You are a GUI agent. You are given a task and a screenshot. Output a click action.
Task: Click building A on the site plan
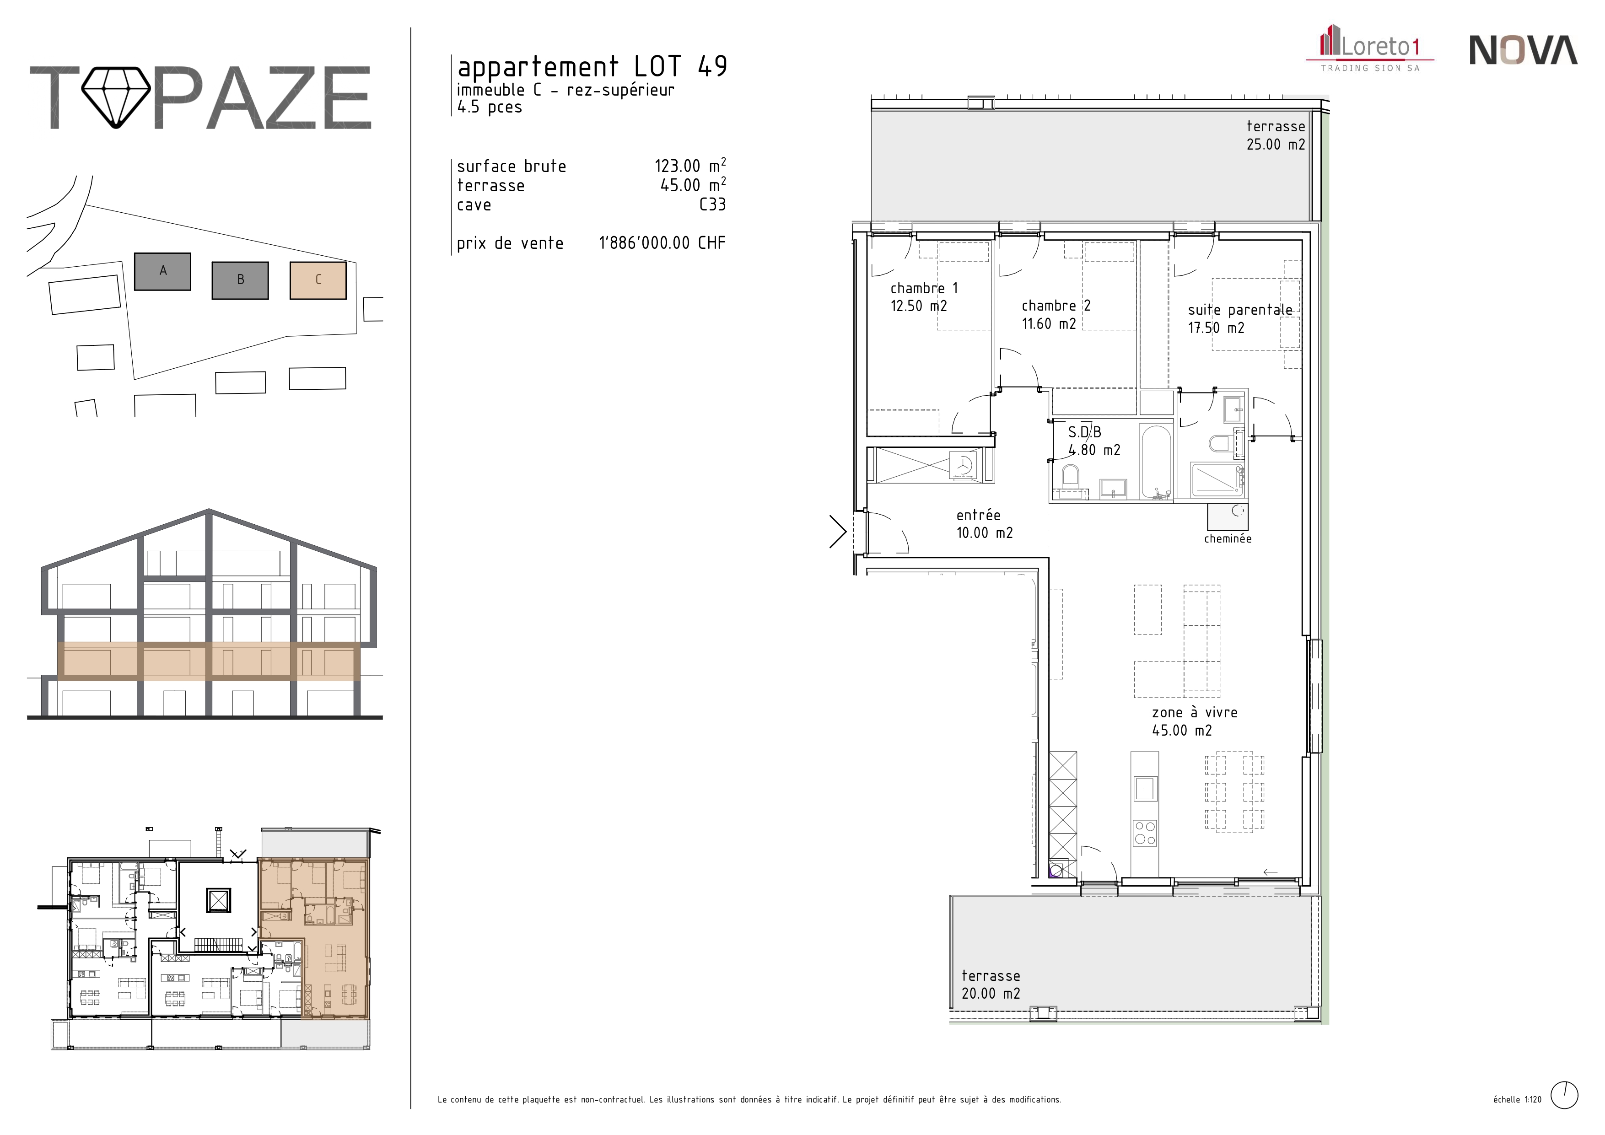click(162, 271)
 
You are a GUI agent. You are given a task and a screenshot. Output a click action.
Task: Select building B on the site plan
click(240, 280)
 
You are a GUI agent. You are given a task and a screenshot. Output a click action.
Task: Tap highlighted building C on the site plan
click(318, 280)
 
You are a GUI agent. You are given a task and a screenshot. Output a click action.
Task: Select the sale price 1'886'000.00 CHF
click(662, 243)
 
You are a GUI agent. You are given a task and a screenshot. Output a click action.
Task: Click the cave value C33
click(712, 205)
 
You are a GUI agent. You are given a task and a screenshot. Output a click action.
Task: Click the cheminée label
click(1228, 539)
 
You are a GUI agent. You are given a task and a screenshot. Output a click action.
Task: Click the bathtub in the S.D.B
click(1156, 461)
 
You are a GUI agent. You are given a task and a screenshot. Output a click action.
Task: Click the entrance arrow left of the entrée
click(838, 532)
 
